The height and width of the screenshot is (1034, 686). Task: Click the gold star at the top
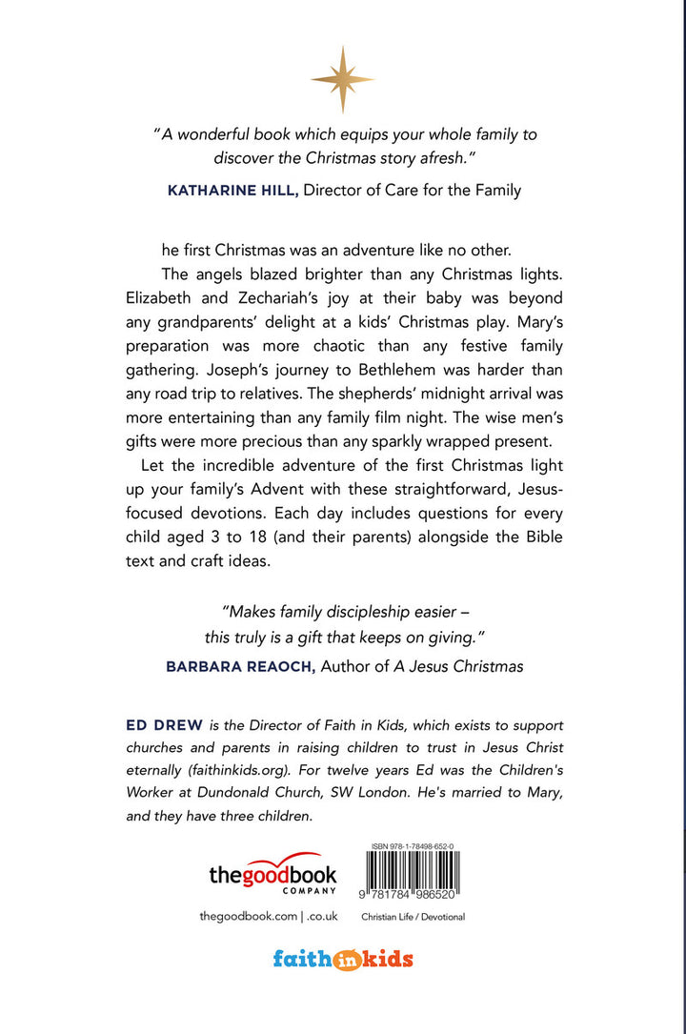pyautogui.click(x=341, y=80)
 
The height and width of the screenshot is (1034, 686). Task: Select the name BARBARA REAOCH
pyautogui.click(x=241, y=666)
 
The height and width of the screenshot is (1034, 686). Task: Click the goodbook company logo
pyautogui.click(x=272, y=873)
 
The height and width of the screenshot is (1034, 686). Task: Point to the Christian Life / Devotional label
pyautogui.click(x=414, y=917)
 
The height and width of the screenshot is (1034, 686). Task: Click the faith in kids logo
pyautogui.click(x=343, y=959)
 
